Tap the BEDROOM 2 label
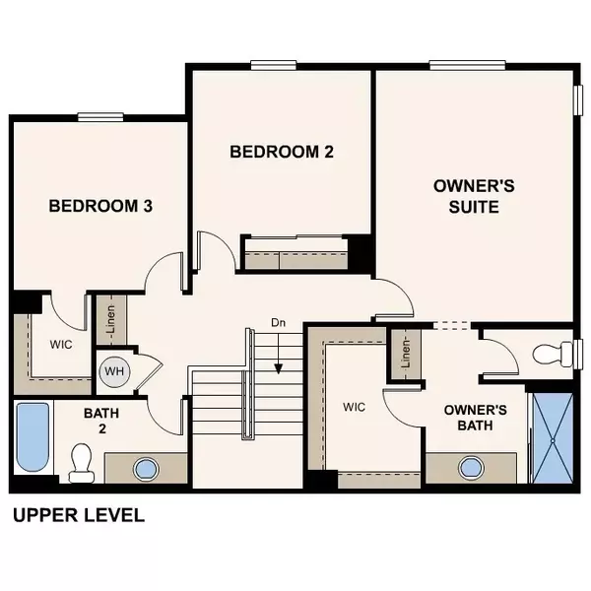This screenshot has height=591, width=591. coord(281,152)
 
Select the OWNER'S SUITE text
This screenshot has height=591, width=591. coord(467,196)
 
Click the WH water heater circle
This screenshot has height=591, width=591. coord(112,371)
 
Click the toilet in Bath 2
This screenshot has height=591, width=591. coord(81,460)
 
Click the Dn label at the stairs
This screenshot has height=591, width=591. coord(279,323)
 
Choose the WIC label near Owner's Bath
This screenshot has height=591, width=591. coord(355,406)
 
